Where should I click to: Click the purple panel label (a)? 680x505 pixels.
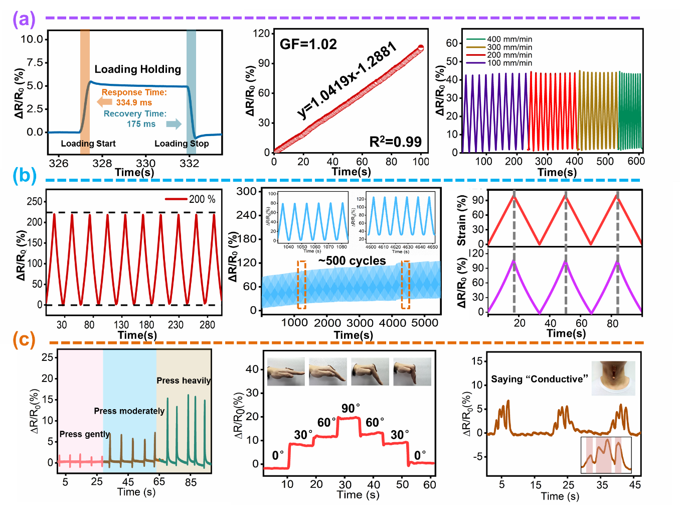pyautogui.click(x=24, y=20)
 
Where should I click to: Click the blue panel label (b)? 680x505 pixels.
pyautogui.click(x=25, y=176)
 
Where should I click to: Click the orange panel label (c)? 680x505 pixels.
pyautogui.click(x=24, y=339)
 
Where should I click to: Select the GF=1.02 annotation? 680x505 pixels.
pyautogui.click(x=308, y=44)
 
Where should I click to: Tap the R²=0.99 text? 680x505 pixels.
pyautogui.click(x=395, y=142)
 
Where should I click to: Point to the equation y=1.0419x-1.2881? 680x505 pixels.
pyautogui.click(x=347, y=81)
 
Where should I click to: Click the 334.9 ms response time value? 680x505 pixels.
pyautogui.click(x=134, y=102)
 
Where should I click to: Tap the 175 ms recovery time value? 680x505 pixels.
pyautogui.click(x=141, y=124)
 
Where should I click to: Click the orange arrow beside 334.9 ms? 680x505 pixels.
pyautogui.click(x=104, y=102)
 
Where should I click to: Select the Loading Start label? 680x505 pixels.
pyautogui.click(x=88, y=144)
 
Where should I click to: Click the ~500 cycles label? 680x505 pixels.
pyautogui.click(x=352, y=261)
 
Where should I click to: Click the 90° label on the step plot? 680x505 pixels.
pyautogui.click(x=351, y=409)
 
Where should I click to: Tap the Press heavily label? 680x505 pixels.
pyautogui.click(x=184, y=381)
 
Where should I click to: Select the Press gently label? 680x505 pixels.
pyautogui.click(x=84, y=434)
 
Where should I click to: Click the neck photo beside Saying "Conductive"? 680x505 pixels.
pyautogui.click(x=613, y=378)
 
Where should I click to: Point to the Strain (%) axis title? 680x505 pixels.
pyautogui.click(x=462, y=220)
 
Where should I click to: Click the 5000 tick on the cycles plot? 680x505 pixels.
pyautogui.click(x=425, y=323)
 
